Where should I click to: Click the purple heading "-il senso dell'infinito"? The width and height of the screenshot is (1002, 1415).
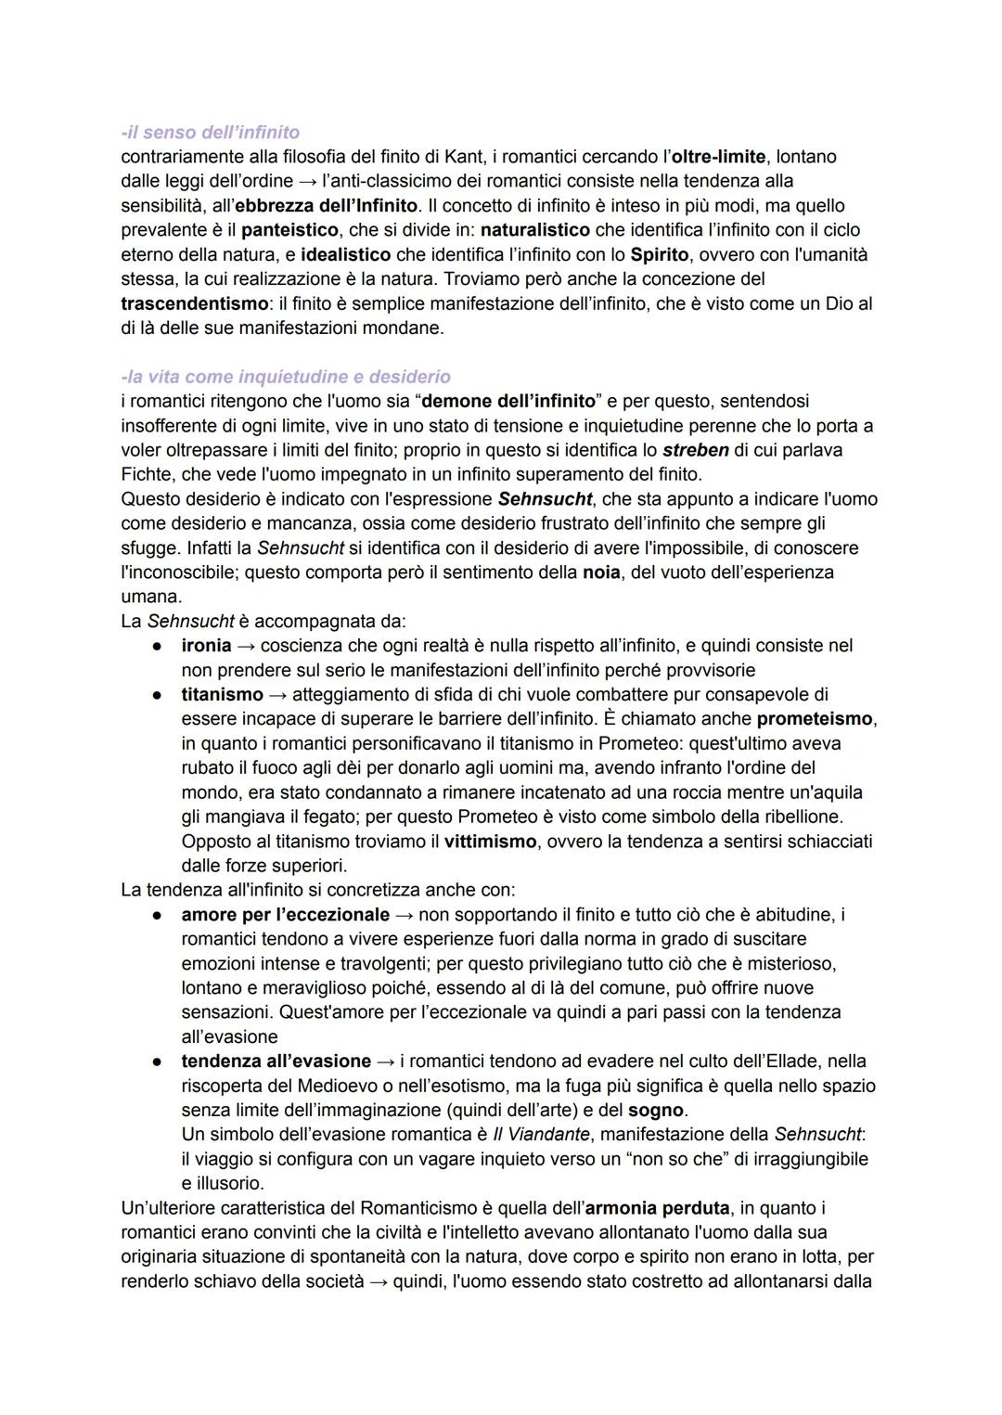click(x=210, y=132)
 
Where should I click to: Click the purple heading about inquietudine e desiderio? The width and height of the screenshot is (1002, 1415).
click(x=286, y=377)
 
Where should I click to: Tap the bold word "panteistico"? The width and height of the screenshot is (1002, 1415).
click(x=286, y=230)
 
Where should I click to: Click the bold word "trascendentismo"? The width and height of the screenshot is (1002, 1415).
click(x=194, y=303)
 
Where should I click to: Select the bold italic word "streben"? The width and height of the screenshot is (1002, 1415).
click(x=696, y=450)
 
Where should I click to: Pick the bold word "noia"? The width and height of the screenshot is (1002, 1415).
click(x=601, y=572)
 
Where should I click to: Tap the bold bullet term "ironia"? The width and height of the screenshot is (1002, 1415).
click(x=206, y=646)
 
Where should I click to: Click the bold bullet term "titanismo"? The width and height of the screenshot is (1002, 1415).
click(x=222, y=694)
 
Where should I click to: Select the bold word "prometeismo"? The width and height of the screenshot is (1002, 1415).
click(x=815, y=719)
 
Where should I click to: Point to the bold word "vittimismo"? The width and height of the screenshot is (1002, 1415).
click(x=490, y=842)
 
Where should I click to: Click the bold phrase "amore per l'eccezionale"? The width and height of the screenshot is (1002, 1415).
click(x=285, y=915)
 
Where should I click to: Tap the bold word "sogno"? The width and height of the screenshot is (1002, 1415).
click(x=655, y=1111)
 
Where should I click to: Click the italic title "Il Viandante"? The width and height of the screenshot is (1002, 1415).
click(x=541, y=1135)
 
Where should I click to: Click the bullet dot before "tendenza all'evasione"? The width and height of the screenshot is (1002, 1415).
click(x=160, y=1061)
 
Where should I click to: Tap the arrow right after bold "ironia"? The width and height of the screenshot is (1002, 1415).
click(x=246, y=646)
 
